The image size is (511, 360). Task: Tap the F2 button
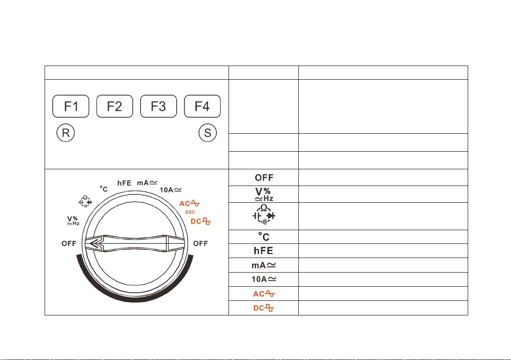tap(115, 106)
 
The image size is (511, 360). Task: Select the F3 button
tap(158, 106)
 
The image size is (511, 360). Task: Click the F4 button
tap(202, 106)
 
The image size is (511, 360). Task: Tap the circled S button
tap(207, 133)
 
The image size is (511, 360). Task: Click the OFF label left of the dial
tap(69, 244)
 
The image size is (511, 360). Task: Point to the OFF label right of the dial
tap(201, 244)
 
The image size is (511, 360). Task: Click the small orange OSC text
tap(190, 212)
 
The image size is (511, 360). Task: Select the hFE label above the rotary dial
tap(124, 183)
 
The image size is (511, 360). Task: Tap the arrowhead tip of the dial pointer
tap(89, 244)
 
